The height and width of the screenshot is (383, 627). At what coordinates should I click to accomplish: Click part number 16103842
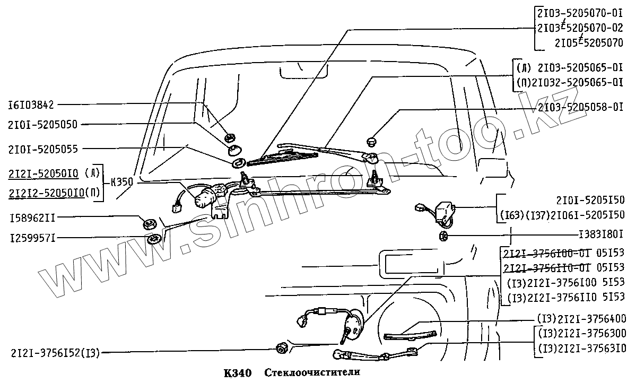(31, 105)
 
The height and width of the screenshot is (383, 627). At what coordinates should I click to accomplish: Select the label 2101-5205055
(42, 149)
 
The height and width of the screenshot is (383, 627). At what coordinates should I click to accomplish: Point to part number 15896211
(31, 217)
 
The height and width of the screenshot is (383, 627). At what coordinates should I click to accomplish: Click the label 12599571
(31, 239)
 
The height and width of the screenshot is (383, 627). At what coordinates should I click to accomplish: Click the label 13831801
(601, 233)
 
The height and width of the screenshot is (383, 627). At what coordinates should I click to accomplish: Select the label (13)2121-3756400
(581, 319)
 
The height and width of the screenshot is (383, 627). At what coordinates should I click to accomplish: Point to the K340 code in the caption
(234, 372)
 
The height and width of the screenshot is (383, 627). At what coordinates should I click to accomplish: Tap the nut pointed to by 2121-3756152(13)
(282, 348)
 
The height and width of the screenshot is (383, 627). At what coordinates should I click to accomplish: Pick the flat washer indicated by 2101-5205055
(239, 162)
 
